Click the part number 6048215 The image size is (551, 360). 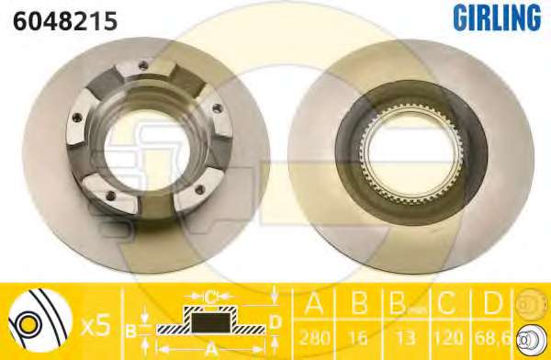click(x=65, y=21)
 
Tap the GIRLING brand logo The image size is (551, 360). click(x=497, y=17)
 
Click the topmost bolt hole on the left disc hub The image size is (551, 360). click(x=143, y=65)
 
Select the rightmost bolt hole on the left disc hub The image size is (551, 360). click(x=217, y=108)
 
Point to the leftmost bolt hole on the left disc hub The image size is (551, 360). click(x=77, y=117)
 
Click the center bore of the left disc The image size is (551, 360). click(x=147, y=150)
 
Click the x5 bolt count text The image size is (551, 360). click(x=96, y=325)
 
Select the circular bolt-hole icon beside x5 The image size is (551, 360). click(x=39, y=321)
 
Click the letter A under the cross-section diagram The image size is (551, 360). click(x=211, y=350)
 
